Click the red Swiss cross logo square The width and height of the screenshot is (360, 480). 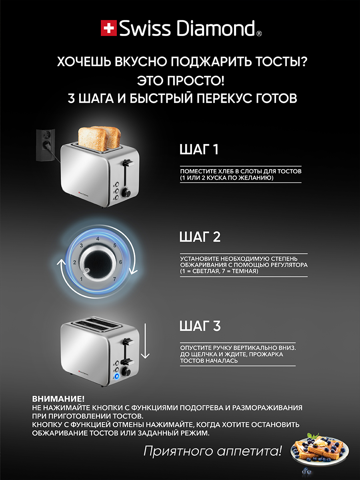pos(109,28)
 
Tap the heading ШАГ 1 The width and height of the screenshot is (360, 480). pos(199,149)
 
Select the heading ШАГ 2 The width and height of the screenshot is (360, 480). pos(200,237)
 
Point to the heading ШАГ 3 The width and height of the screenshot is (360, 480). pos(200,326)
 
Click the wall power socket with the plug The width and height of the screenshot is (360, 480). pos(46,145)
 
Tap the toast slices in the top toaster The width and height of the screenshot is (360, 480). pos(100,138)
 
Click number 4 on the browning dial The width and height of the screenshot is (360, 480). pos(98,238)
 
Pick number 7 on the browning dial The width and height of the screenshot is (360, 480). pos(114,279)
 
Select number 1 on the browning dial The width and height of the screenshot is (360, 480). pos(81,279)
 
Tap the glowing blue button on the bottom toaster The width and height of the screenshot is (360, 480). pos(117,376)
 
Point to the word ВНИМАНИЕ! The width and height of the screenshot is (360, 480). pos(58,399)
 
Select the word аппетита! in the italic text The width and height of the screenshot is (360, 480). pos(249,451)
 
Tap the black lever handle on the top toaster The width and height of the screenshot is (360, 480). pos(128,163)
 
